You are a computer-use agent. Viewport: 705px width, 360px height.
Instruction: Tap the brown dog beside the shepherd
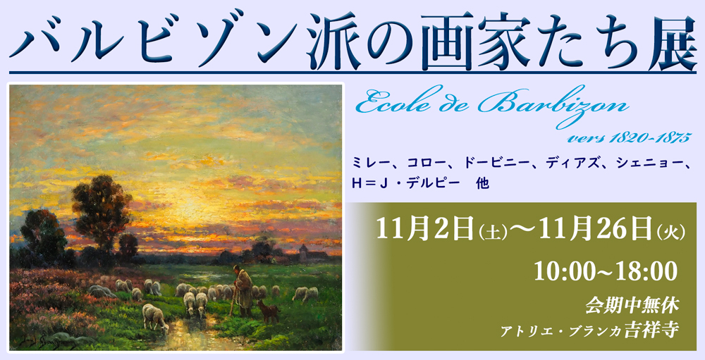pyautogui.click(x=267, y=311)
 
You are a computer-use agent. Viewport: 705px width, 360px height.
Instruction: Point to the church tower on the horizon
pyautogui.click(x=304, y=254)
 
